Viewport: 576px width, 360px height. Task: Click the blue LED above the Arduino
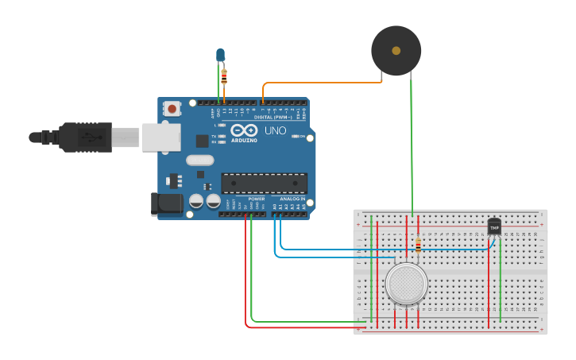[220, 55]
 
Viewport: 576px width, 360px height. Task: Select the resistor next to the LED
[224, 77]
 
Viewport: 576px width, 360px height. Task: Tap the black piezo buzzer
[396, 50]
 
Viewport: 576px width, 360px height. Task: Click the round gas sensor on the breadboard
[406, 283]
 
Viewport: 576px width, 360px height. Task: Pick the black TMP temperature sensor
[494, 227]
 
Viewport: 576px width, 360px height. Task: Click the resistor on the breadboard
[418, 245]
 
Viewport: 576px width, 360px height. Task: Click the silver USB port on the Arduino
[161, 137]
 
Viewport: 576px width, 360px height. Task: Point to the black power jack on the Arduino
[167, 203]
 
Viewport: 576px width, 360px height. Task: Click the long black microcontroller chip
[264, 183]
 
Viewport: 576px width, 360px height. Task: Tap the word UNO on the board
[275, 130]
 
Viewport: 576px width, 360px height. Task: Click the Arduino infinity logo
[245, 130]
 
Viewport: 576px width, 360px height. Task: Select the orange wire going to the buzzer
[318, 82]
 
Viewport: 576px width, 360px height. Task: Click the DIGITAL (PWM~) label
[273, 117]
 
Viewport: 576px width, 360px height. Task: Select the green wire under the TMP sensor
[501, 278]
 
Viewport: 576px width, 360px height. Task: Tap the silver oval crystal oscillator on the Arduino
[200, 160]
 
